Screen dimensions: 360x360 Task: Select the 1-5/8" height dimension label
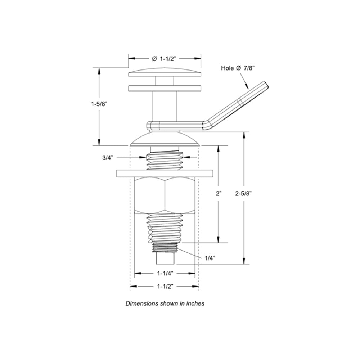99,104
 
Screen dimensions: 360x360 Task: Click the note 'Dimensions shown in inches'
165,303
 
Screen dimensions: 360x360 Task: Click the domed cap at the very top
165,72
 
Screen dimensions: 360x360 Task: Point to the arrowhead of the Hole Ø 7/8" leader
247,87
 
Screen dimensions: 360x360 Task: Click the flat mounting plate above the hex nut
165,173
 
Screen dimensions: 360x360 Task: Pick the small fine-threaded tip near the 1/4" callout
165,247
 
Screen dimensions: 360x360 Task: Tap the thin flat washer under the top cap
165,88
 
